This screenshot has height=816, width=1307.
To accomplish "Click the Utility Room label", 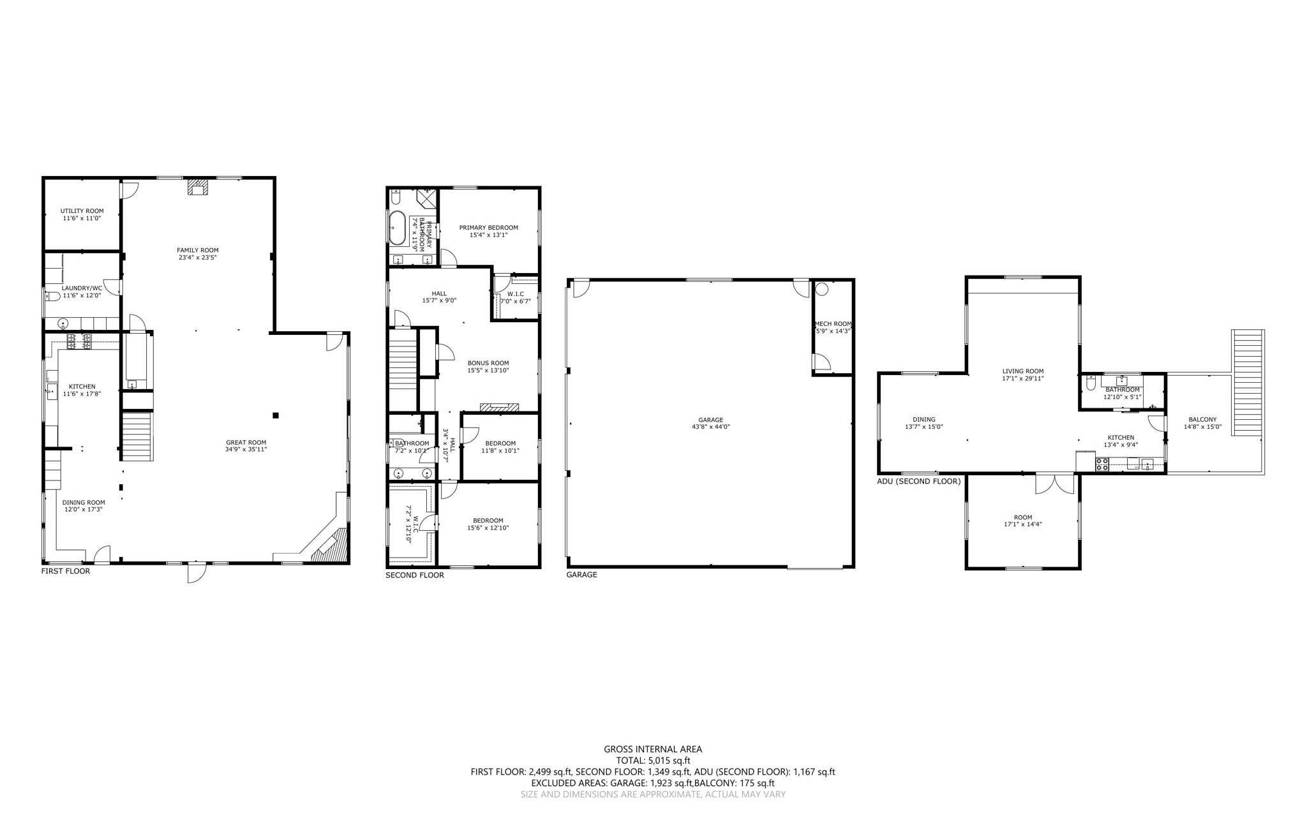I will tap(82, 211).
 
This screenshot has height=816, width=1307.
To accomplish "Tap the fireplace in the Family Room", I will tap(198, 187).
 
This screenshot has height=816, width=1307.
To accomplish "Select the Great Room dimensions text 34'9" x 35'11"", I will tap(246, 449).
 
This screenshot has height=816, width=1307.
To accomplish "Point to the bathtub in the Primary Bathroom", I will tap(397, 228).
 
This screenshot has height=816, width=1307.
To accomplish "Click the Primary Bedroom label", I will tap(488, 228).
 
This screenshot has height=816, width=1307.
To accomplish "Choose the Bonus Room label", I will tap(488, 363).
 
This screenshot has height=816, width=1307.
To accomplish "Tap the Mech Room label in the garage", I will tap(833, 323).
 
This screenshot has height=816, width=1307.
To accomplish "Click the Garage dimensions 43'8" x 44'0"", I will tap(710, 427).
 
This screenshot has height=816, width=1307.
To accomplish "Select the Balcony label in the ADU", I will tap(1202, 420).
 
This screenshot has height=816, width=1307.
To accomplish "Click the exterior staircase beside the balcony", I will tap(1248, 383).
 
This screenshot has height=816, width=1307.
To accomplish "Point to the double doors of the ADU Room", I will tap(1055, 484).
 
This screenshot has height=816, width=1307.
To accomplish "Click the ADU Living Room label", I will tap(1022, 371).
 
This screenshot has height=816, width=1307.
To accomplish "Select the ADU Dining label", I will tap(923, 420).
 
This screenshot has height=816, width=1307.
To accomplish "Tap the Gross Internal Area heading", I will tap(653, 749).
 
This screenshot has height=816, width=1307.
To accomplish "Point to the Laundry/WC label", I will tap(82, 288).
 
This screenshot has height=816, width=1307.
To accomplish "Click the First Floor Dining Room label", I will tap(84, 503).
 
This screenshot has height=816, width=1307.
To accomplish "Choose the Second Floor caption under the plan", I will tap(414, 575).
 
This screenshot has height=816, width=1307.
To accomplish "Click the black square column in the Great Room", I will tap(276, 415).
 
